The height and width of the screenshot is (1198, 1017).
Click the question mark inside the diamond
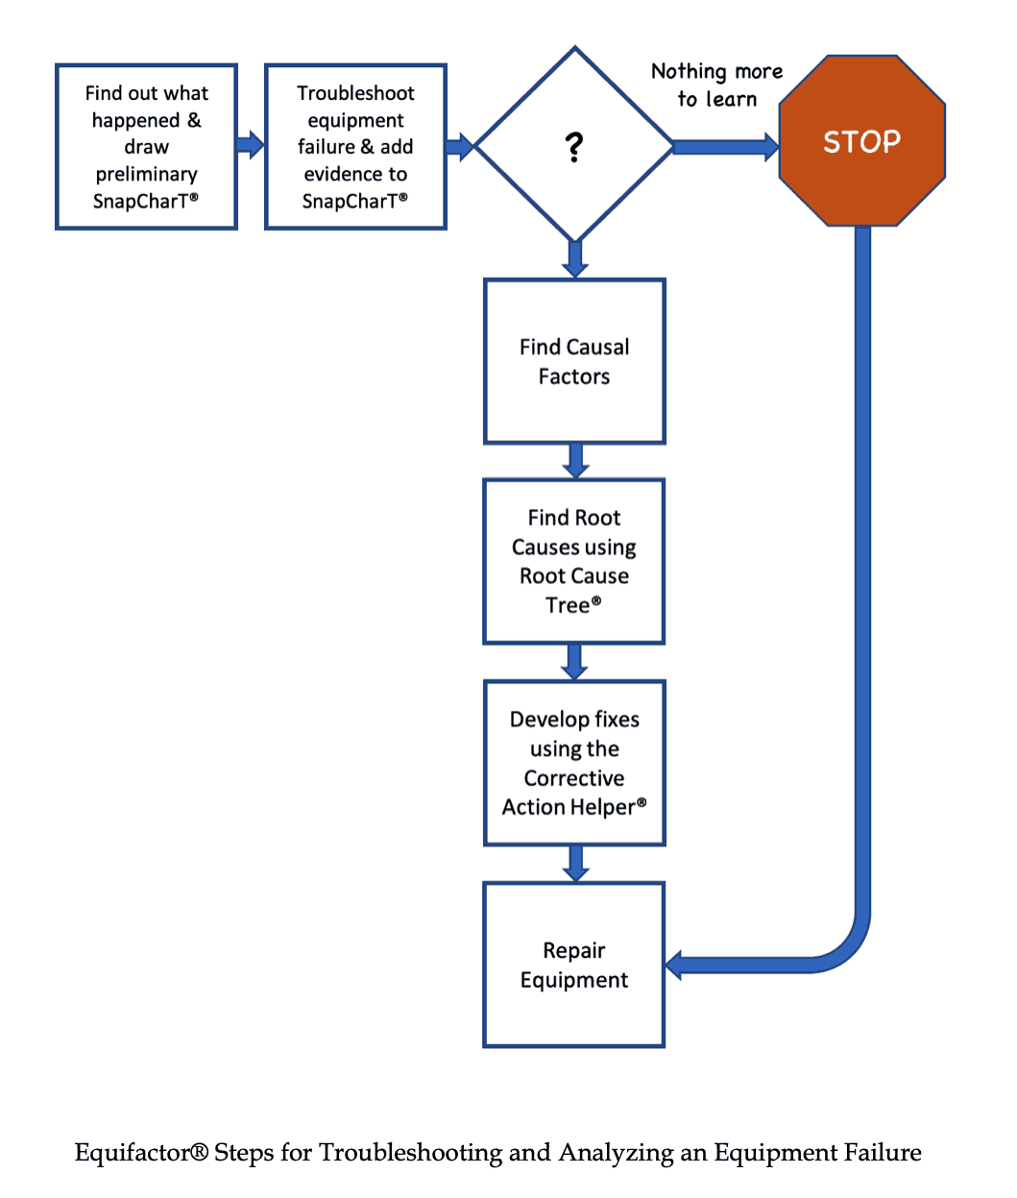(x=573, y=147)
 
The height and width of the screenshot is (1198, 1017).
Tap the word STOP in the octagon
(x=861, y=142)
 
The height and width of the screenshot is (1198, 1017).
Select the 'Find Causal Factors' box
(x=574, y=361)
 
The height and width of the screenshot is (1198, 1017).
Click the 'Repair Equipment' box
(x=574, y=965)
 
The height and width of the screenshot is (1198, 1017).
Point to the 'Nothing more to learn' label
(x=716, y=85)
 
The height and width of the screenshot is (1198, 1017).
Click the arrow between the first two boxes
(x=251, y=145)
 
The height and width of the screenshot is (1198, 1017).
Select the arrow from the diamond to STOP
(x=725, y=146)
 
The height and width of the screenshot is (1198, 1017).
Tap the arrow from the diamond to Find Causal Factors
(x=575, y=258)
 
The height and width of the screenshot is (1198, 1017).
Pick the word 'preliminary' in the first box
(x=146, y=174)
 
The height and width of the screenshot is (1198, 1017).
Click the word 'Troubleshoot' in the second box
(x=355, y=93)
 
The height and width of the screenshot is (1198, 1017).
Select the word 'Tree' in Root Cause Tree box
(x=568, y=605)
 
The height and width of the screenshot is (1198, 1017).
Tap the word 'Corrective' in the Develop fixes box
(x=573, y=778)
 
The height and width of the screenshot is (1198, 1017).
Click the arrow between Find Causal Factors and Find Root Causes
(x=575, y=460)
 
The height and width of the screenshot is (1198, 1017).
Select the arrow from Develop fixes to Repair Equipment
(x=575, y=863)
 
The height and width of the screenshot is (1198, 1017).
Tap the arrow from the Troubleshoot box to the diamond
(x=460, y=146)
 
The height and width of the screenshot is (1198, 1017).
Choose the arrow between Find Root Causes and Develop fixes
(x=575, y=661)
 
